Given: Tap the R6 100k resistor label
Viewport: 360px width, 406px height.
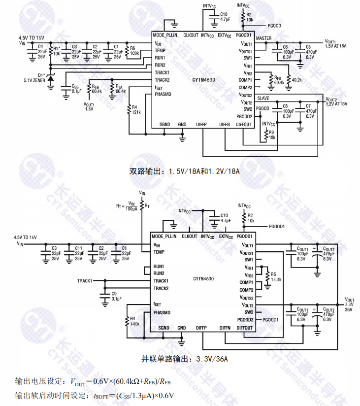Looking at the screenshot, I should [x=134, y=50].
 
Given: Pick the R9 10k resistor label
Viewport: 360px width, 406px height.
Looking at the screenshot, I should [x=272, y=135].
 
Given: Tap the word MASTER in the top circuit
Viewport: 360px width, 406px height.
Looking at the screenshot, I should [x=263, y=38].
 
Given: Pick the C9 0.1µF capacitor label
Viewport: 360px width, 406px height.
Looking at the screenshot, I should [x=117, y=296].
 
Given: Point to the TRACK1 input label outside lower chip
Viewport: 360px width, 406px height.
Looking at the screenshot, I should [x=85, y=281].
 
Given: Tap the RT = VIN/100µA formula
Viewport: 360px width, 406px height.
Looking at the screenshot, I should [x=128, y=205].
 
